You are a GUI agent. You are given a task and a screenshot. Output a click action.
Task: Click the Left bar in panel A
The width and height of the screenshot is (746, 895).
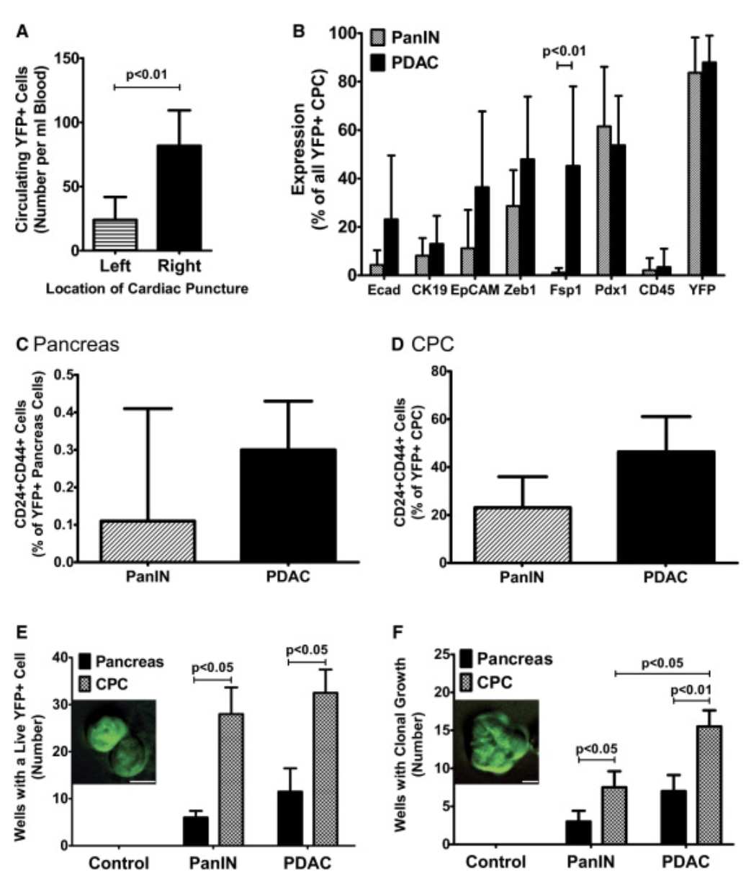point(115,235)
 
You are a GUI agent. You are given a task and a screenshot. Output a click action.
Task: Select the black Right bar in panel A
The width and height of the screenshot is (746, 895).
point(179,198)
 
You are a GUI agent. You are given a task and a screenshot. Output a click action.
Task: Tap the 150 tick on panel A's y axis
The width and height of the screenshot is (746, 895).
point(69,58)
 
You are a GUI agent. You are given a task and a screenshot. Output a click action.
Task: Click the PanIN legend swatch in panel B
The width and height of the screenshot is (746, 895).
point(379,37)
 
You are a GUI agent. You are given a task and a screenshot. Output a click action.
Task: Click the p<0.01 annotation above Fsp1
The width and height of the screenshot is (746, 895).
point(564,51)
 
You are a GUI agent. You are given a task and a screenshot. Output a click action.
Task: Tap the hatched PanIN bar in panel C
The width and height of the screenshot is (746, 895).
point(148,540)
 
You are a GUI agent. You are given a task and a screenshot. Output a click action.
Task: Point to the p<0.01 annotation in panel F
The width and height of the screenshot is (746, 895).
point(691,689)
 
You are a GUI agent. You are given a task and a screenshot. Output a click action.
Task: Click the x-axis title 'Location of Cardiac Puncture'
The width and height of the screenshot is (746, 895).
point(147,289)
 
